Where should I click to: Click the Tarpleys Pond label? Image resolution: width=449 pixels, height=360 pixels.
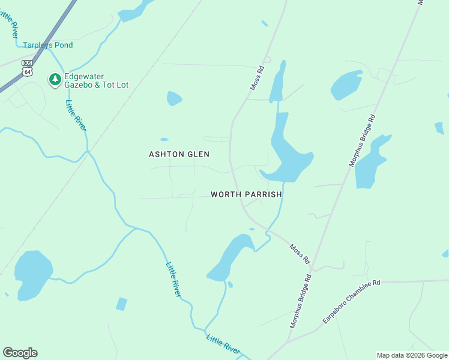pyautogui.click(x=47, y=45)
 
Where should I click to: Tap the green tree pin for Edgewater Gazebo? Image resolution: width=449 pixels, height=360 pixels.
pyautogui.click(x=55, y=80)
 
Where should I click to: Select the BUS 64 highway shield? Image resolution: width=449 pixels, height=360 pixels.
pyautogui.click(x=27, y=68)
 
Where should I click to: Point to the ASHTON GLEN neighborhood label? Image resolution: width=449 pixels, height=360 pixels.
pyautogui.click(x=179, y=154)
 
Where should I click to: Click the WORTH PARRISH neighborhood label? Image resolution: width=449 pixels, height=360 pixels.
pyautogui.click(x=246, y=194)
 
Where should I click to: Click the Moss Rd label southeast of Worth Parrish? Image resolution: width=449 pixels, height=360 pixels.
pyautogui.click(x=299, y=254)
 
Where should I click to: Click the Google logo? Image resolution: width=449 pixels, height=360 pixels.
pyautogui.click(x=20, y=353)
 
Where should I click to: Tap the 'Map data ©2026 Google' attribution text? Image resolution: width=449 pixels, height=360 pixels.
pyautogui.click(x=412, y=355)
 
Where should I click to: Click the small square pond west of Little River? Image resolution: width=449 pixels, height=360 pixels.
pyautogui.click(x=122, y=304)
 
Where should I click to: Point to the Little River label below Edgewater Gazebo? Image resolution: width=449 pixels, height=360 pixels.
pyautogui.click(x=76, y=114)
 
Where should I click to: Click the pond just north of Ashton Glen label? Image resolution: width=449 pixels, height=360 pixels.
pyautogui.click(x=173, y=98)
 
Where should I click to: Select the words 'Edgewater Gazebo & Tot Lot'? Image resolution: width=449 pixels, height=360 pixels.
pyautogui.click(x=97, y=80)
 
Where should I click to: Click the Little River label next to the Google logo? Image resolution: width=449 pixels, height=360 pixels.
pyautogui.click(x=223, y=344)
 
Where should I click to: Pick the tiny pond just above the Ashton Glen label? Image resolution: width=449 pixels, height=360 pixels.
pyautogui.click(x=164, y=140)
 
